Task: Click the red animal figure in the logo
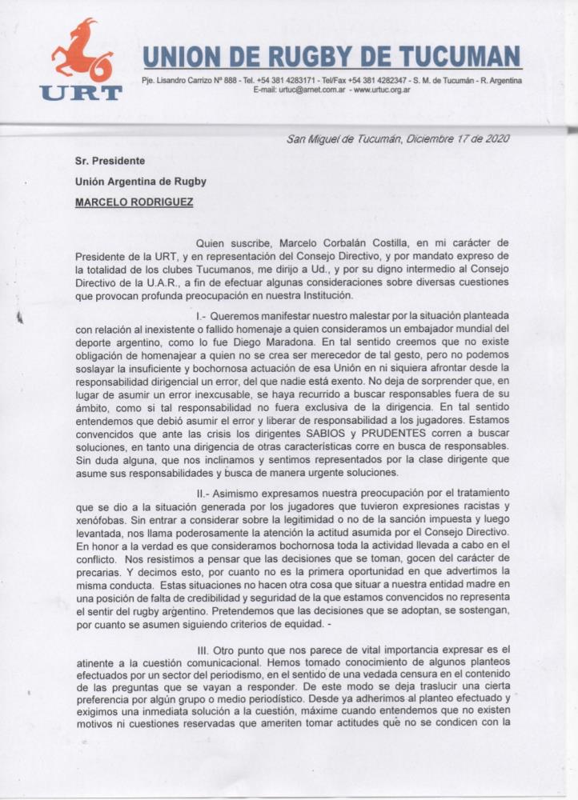(82, 50)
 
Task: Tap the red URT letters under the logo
(81, 93)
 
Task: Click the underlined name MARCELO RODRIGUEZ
(134, 202)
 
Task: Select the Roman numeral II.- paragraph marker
(207, 493)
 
